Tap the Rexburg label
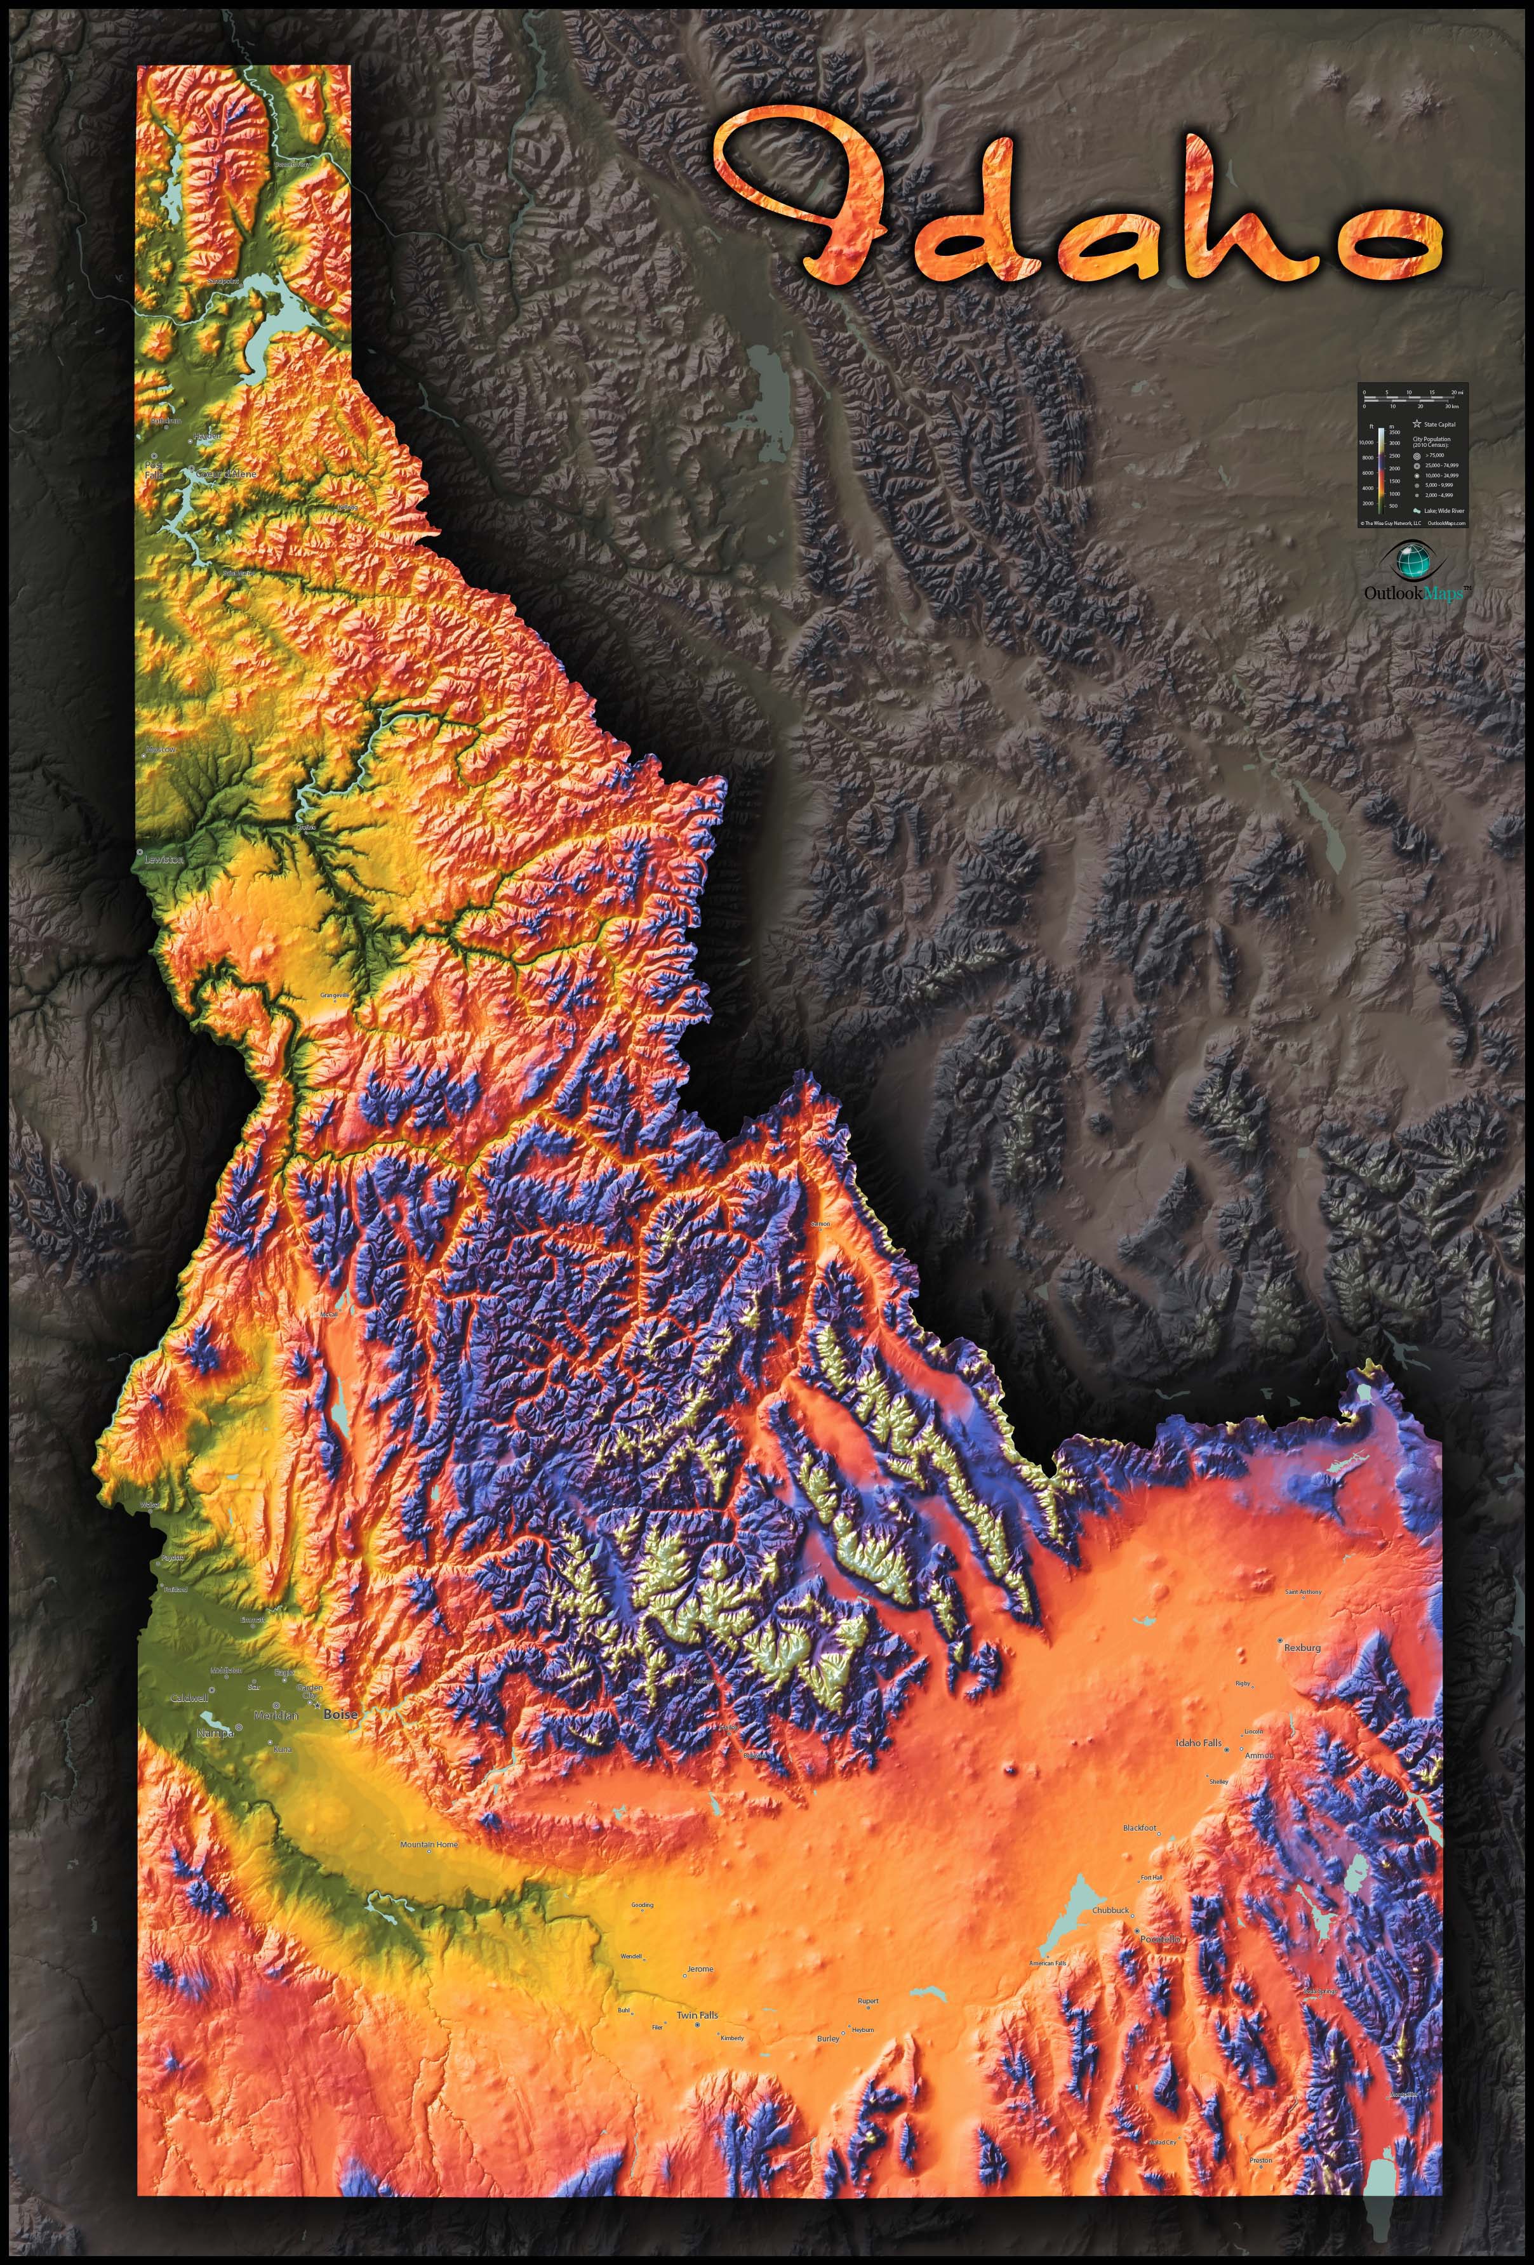tap(1302, 1648)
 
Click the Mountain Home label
tap(429, 1845)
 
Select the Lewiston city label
tap(164, 861)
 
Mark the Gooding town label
tap(643, 1905)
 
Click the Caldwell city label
tap(190, 1699)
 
